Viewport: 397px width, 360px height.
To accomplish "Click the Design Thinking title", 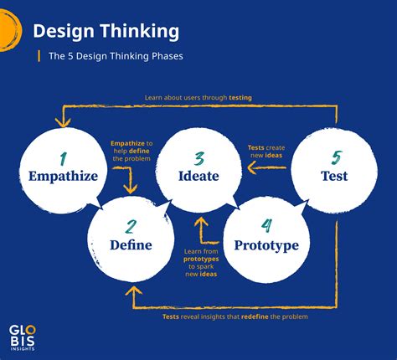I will (106, 32).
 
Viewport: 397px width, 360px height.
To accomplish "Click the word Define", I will (131, 245).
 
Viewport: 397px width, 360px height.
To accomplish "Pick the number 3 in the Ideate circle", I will (198, 157).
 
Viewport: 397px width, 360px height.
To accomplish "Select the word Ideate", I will (198, 177).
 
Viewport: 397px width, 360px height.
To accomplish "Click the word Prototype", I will (266, 245).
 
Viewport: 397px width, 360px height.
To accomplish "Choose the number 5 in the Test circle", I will (334, 157).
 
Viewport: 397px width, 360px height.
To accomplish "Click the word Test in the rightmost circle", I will (334, 177).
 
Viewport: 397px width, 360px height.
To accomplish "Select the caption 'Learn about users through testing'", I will (198, 97).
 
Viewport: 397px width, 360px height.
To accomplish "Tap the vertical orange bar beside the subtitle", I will (38, 57).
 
